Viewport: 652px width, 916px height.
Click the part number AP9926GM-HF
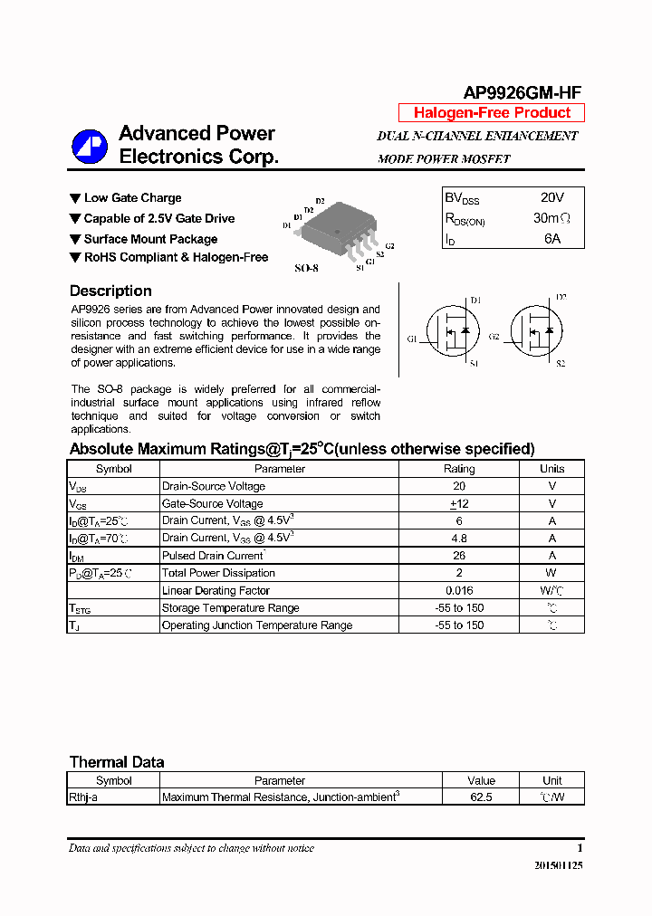[x=523, y=92]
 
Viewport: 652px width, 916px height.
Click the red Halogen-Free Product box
[x=492, y=113]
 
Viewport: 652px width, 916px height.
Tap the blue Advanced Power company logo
[x=90, y=146]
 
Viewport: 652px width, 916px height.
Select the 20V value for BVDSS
[x=551, y=197]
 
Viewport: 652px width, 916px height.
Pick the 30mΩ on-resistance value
[x=551, y=218]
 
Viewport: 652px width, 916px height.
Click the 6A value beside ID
[x=551, y=239]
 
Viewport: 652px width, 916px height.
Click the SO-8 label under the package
[x=307, y=269]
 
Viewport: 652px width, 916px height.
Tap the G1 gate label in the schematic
[x=412, y=339]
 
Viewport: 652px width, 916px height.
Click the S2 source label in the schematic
[x=561, y=363]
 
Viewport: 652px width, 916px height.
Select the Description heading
[x=110, y=291]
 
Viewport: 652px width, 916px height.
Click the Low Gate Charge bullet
[x=132, y=197]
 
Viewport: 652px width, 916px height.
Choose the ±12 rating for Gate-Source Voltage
[x=458, y=503]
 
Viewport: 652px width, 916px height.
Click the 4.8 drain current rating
[x=458, y=538]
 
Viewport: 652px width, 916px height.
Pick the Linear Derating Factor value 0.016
[x=458, y=590]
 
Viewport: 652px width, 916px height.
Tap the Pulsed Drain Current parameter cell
[x=213, y=555]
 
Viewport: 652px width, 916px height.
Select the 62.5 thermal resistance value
[x=481, y=797]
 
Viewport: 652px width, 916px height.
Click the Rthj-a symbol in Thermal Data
[x=83, y=797]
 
